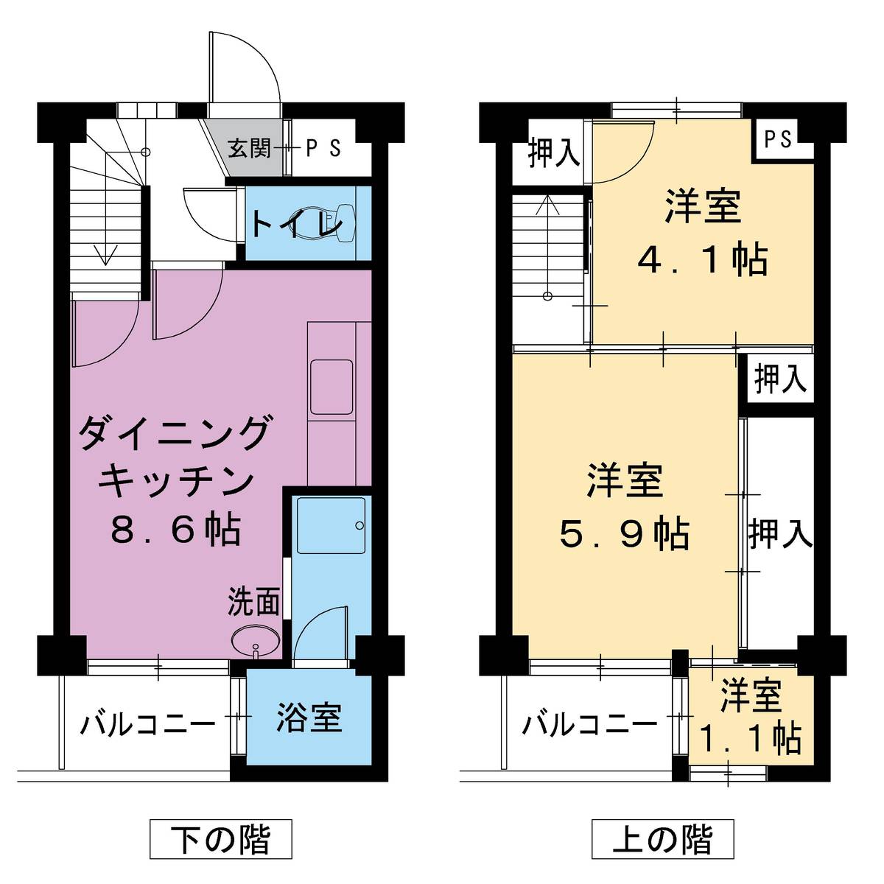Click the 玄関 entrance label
pos(249,148)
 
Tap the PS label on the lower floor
pos(323,148)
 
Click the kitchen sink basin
pos(331,387)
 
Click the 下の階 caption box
pos(221,839)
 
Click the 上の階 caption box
pos(663,839)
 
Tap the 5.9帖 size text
pos(625,534)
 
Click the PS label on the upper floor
pos(778,138)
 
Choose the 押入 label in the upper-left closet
pos(554,154)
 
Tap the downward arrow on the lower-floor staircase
pos(106,254)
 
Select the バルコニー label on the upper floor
pos(589,725)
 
